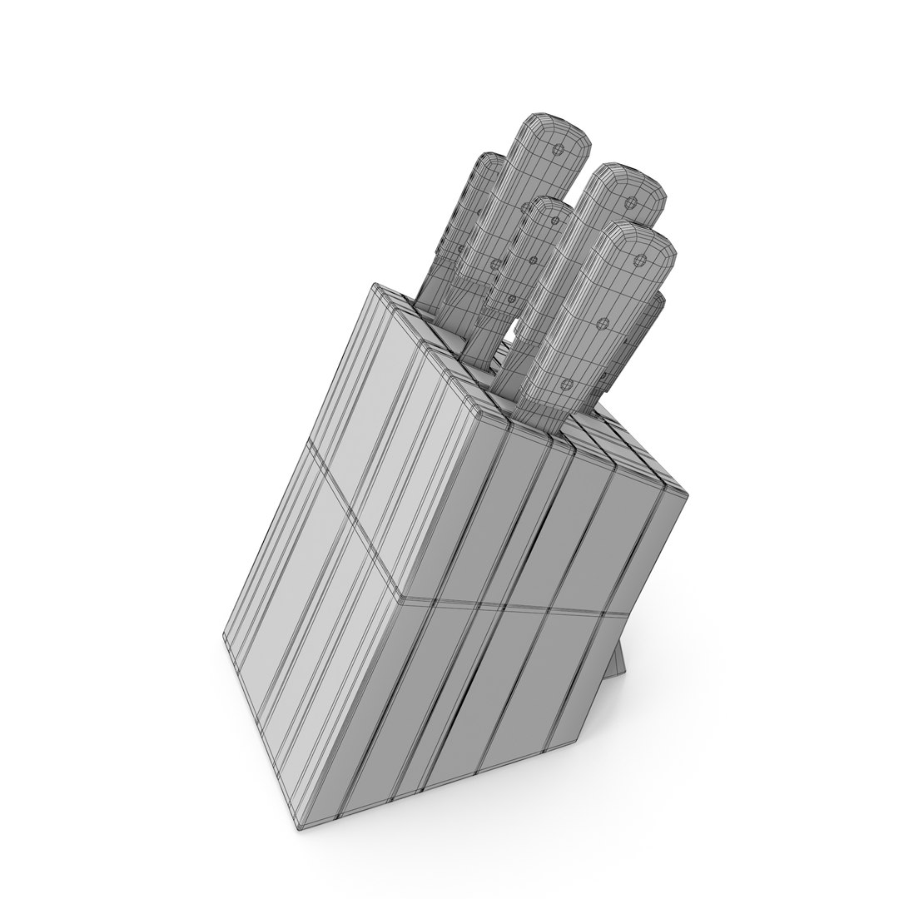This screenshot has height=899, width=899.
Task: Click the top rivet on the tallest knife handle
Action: click(x=559, y=151)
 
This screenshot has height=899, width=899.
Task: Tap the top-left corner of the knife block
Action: click(x=376, y=287)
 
